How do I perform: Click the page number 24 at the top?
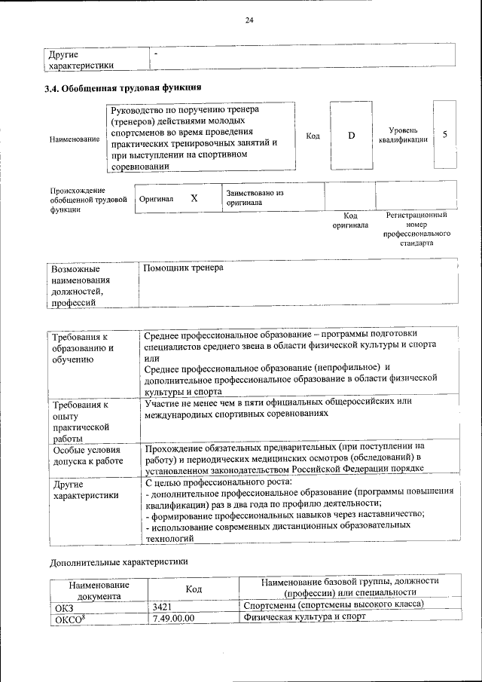pos(249,20)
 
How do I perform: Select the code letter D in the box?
pos(351,136)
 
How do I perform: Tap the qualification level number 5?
pos(445,135)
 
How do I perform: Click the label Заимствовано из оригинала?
pos(254,197)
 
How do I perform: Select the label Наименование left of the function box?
pos(75,139)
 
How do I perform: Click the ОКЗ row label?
pos(63,607)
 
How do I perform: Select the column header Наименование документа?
pos(99,589)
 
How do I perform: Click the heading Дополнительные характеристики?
pos(118,561)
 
